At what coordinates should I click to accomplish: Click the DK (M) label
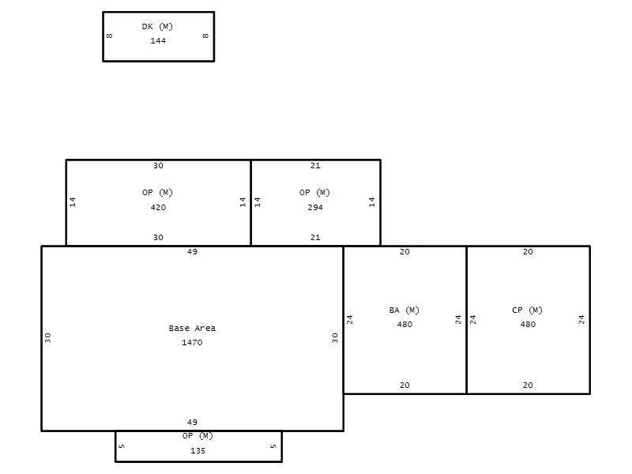(x=157, y=27)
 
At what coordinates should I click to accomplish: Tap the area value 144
(x=158, y=41)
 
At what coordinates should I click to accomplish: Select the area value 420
(x=158, y=208)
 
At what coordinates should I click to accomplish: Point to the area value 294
(x=315, y=208)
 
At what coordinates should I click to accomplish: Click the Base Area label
(x=192, y=328)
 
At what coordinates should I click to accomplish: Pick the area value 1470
(x=192, y=343)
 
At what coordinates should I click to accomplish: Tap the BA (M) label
(x=404, y=310)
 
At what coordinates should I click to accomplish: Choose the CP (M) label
(x=527, y=310)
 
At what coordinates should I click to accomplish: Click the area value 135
(x=198, y=451)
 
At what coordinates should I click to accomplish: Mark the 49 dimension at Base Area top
(x=192, y=252)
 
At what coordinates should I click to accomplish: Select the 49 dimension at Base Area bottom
(x=192, y=423)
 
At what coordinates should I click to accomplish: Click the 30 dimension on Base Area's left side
(x=48, y=338)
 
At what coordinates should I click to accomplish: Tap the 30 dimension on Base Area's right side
(x=335, y=338)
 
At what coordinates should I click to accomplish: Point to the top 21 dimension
(x=315, y=166)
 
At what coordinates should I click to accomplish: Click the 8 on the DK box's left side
(x=109, y=36)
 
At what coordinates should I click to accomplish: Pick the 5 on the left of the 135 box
(x=122, y=446)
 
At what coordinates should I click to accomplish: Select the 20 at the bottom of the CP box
(x=528, y=386)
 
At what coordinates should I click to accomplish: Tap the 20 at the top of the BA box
(x=404, y=252)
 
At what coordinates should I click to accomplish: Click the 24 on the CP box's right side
(x=581, y=320)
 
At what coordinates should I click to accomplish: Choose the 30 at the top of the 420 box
(x=158, y=166)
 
